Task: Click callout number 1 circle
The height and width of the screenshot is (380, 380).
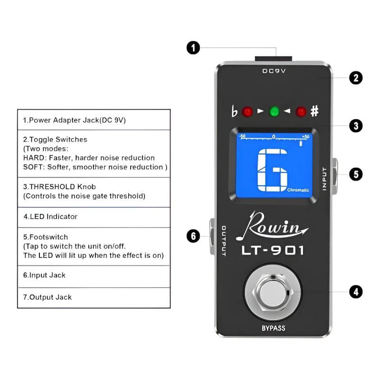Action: click(x=193, y=48)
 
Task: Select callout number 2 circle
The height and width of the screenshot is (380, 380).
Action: click(x=356, y=78)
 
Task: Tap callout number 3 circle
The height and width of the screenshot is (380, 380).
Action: click(x=356, y=126)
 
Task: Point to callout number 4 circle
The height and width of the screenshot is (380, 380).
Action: click(x=356, y=291)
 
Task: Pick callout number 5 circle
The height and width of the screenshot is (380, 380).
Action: click(x=356, y=174)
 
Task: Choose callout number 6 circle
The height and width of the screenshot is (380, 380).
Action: click(x=193, y=236)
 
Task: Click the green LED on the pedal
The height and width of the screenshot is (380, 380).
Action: click(x=274, y=112)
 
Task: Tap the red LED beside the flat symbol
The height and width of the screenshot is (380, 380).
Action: click(x=247, y=112)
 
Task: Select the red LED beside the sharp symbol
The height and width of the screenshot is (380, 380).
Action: click(x=301, y=112)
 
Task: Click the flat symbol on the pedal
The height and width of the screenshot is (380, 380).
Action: click(x=234, y=112)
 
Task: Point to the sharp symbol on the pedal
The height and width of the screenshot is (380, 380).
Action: click(x=314, y=112)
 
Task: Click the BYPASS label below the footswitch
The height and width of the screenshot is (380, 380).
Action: click(x=273, y=328)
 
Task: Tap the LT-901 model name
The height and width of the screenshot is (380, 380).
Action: click(x=273, y=250)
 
